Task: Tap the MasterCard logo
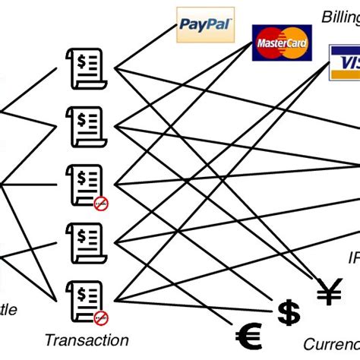tap(283, 44)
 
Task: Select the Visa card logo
tap(343, 62)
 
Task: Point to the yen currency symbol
tap(329, 290)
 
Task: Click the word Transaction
tap(86, 340)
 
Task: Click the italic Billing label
tap(340, 16)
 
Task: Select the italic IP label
tap(353, 258)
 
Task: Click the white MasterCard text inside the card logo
tap(283, 45)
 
